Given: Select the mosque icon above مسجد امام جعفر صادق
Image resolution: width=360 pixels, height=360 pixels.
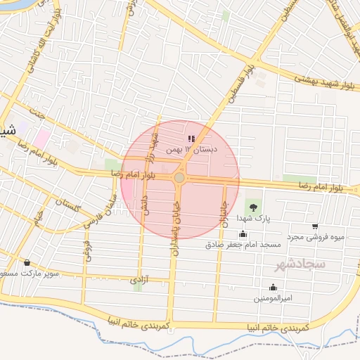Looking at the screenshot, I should click(243, 234).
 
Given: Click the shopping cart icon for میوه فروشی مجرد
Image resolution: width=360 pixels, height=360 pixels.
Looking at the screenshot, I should click(314, 226).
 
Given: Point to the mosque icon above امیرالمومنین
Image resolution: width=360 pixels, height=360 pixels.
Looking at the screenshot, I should click(273, 287).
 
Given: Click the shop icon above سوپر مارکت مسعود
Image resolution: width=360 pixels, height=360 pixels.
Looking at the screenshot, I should click(27, 262).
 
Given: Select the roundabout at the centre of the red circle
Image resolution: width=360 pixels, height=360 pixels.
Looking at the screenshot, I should click(179, 178).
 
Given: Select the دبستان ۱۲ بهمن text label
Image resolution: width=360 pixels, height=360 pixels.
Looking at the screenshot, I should click(192, 150).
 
